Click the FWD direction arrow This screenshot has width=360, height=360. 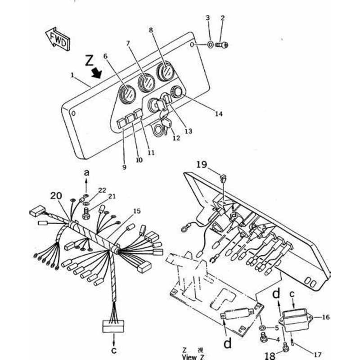[x=58, y=39]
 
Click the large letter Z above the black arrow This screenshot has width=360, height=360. [x=89, y=61]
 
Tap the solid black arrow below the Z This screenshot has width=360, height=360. [x=96, y=73]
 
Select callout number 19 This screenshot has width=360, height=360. [x=202, y=165]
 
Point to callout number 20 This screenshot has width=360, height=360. [x=56, y=196]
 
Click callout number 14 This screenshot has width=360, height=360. [x=219, y=114]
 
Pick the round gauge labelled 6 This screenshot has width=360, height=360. [x=127, y=94]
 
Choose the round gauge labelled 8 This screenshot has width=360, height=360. [x=166, y=72]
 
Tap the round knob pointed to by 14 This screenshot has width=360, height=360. [x=177, y=91]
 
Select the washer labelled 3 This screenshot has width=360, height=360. [x=210, y=44]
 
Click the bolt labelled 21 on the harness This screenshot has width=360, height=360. [x=85, y=213]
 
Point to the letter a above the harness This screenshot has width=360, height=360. [x=86, y=173]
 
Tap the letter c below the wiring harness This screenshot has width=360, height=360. [x=114, y=351]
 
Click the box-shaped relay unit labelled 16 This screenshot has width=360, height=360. [x=296, y=319]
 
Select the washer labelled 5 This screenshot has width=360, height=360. [x=262, y=327]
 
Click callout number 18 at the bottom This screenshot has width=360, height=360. [x=270, y=355]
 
